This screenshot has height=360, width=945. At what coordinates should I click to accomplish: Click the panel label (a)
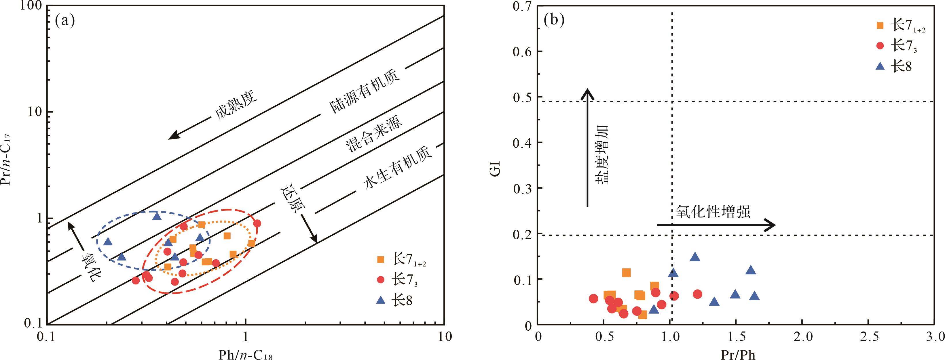pyautogui.click(x=65, y=21)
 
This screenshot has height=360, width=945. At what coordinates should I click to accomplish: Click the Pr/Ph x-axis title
pyautogui.click(x=737, y=354)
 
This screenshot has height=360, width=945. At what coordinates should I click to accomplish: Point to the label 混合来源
pyautogui.click(x=373, y=134)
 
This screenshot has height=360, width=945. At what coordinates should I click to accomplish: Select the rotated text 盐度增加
pyautogui.click(x=601, y=154)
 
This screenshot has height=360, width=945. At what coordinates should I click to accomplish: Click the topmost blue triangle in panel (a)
pyautogui.click(x=157, y=216)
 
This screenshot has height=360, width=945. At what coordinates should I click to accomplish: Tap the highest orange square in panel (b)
pyautogui.click(x=626, y=273)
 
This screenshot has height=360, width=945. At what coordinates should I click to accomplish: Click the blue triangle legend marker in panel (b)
pyautogui.click(x=880, y=66)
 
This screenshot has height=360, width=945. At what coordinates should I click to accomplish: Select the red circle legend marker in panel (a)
pyautogui.click(x=380, y=280)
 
